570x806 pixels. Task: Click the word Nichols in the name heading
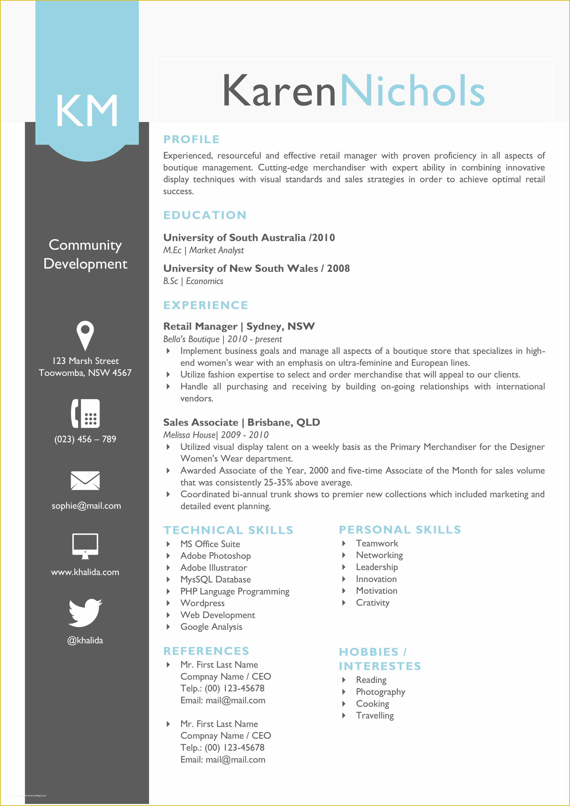(x=412, y=91)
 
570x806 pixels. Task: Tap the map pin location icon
(x=85, y=335)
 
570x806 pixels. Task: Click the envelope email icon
(x=85, y=480)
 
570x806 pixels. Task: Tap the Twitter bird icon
(x=85, y=613)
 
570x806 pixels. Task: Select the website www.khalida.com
(x=85, y=572)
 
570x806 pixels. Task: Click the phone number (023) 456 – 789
(x=85, y=439)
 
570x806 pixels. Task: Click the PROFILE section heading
(x=191, y=139)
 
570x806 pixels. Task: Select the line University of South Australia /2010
(x=249, y=238)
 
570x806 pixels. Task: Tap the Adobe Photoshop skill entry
(x=215, y=556)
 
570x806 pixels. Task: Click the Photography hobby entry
(x=380, y=692)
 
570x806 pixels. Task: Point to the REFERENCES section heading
(x=206, y=651)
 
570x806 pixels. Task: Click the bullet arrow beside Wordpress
(x=168, y=603)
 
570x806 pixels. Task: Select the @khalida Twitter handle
(x=85, y=640)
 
